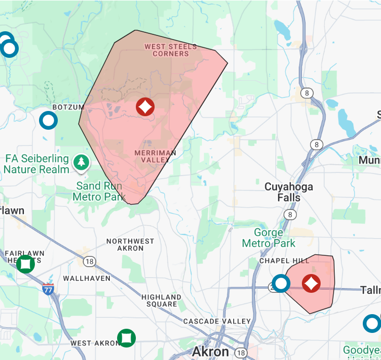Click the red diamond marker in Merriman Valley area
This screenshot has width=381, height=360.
145,107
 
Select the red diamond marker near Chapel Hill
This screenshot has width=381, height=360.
311,283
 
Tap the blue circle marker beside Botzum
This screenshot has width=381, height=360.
48,120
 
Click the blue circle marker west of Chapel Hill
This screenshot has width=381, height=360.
281,283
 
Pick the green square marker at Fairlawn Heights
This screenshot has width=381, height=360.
25,264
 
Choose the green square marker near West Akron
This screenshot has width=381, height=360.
126,338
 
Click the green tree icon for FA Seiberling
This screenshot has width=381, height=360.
81,163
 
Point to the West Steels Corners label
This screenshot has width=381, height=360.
171,50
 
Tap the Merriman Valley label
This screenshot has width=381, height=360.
155,156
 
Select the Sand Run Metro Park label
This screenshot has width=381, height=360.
99,191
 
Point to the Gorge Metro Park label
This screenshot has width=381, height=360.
269,238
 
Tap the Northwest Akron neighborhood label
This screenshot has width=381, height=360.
130,245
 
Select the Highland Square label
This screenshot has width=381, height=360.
161,301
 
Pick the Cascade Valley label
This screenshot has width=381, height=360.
217,321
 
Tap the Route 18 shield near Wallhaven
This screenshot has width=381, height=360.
90,262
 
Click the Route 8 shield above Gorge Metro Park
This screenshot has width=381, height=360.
289,214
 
